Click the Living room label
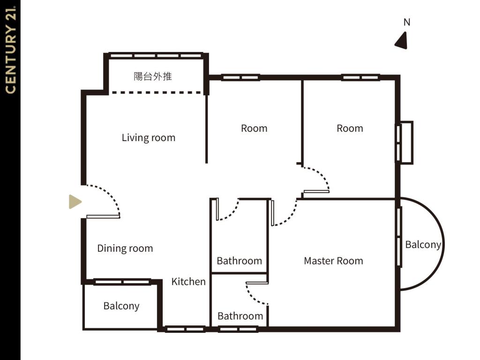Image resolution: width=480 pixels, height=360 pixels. pos(149,138)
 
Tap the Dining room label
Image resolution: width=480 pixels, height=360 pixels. pos(125,248)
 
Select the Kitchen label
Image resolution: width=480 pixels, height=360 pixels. pos(188,282)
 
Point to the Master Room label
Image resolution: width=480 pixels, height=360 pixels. pos(333,261)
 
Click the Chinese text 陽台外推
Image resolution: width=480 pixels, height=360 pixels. pos(153,76)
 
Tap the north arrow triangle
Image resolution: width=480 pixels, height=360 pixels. pos(402,41)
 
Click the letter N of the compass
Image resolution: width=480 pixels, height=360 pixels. pos(407,22)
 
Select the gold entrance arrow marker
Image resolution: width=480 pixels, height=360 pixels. pos(75,202)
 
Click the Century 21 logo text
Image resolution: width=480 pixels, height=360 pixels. pos(10,50)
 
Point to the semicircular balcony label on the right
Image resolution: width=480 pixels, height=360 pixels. pos(423,245)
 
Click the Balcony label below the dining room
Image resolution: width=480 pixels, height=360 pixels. pos(121,306)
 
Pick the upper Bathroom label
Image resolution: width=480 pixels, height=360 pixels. pos(240,261)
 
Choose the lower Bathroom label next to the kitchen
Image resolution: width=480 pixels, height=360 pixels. pos(240,316)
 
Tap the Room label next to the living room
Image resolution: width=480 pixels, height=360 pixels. pos(254,128)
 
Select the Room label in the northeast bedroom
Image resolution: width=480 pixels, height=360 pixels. pos(350,128)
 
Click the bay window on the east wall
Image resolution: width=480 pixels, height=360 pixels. pos(405,142)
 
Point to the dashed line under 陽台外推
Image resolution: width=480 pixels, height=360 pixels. pos(157,92)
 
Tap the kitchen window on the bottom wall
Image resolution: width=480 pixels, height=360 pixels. pos(185,330)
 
